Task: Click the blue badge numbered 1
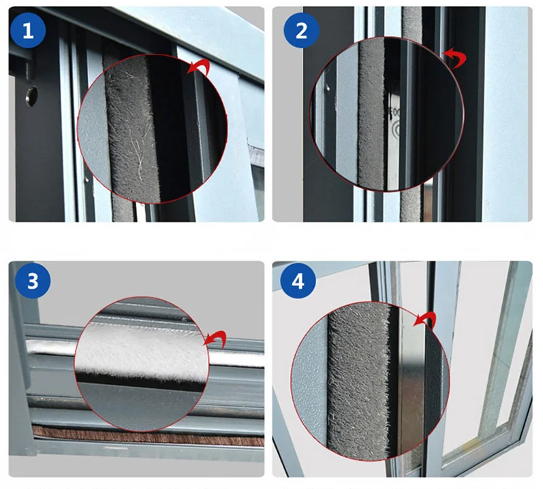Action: (28, 31)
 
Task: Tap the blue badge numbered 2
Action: (301, 31)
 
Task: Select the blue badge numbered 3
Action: (33, 281)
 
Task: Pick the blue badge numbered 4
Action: (298, 281)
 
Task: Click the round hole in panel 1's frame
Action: (31, 96)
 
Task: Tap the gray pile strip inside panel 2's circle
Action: (371, 114)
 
